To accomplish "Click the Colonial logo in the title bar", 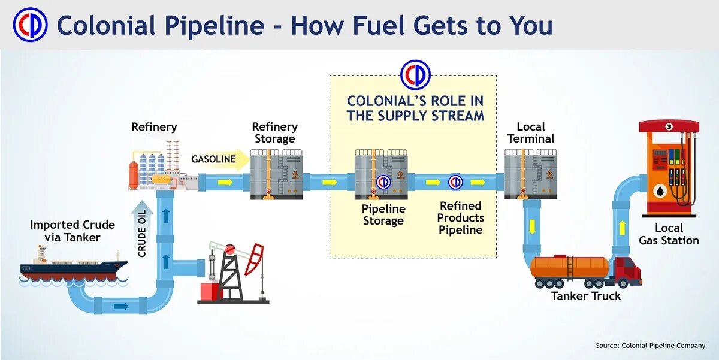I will pos(30,25).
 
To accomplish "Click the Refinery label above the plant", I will pos(154,127).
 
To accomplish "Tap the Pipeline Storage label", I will pos(383,214).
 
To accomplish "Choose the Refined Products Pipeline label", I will pos(461,217).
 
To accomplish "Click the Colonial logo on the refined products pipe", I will pos(455,181).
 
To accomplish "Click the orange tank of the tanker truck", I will pos(569,267).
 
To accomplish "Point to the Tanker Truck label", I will pos(586,296).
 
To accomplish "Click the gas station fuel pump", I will pos(668,168).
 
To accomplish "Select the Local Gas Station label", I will pos(669,234).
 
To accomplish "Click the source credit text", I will pos(650,346).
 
